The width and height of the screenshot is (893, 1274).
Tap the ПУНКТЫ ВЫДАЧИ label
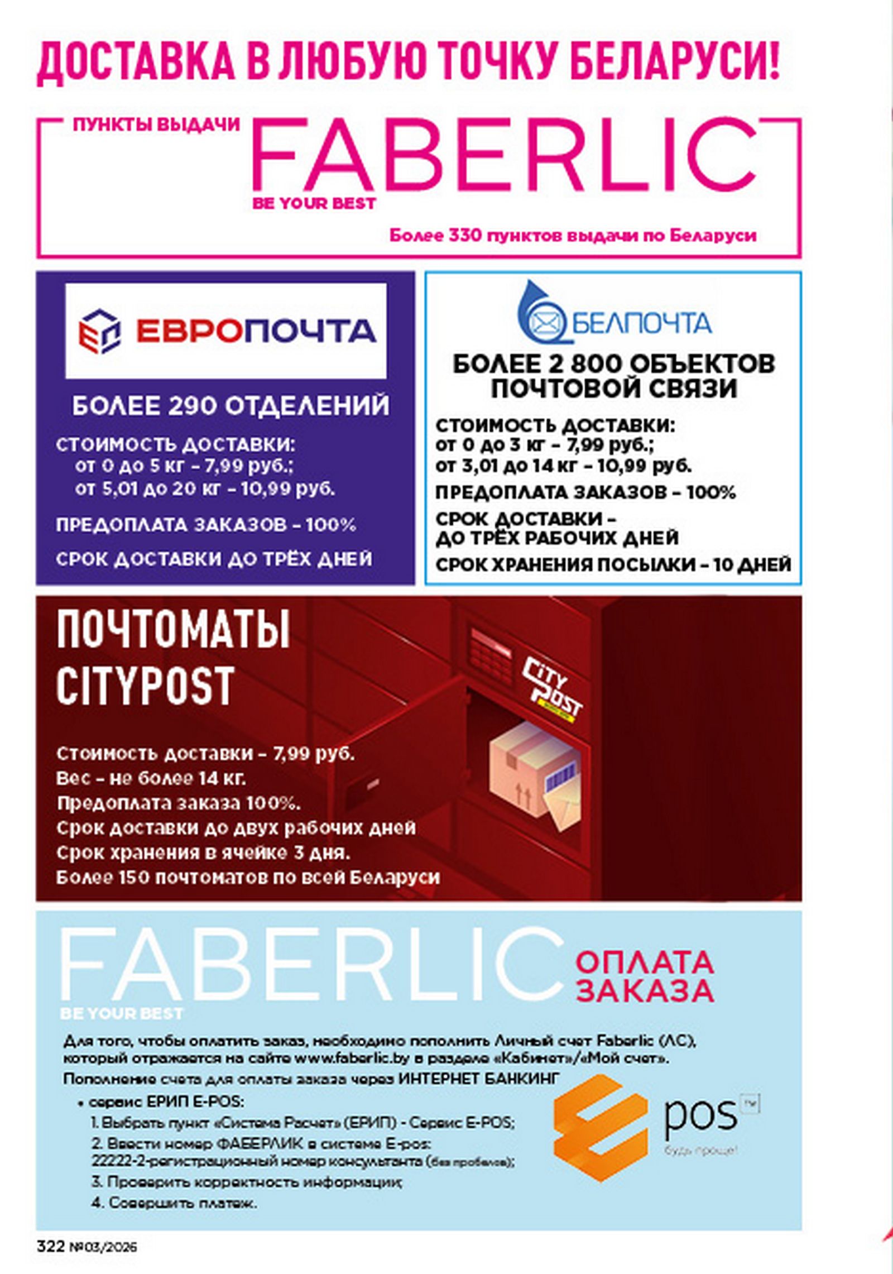156,124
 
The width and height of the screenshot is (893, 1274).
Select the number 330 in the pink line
464,236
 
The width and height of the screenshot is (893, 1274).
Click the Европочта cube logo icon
99,331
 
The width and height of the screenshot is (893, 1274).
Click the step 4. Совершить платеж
174,1203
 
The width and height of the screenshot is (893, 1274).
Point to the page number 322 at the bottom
51,1246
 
